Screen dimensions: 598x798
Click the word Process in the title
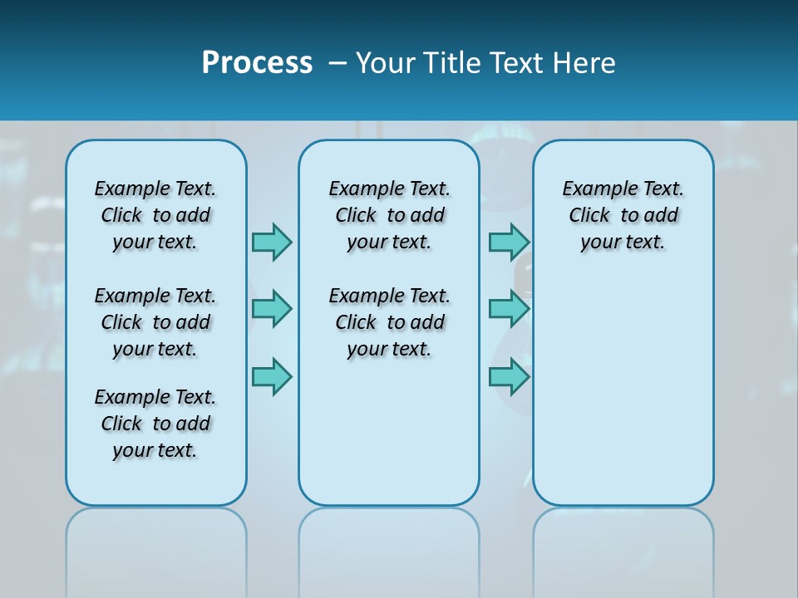[257, 63]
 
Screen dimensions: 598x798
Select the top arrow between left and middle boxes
[272, 242]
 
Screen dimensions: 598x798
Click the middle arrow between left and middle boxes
[272, 309]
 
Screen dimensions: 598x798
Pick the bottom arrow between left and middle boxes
[272, 376]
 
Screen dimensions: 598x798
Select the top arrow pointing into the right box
[509, 242]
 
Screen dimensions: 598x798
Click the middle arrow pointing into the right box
[509, 309]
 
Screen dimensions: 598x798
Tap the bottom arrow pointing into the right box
[509, 376]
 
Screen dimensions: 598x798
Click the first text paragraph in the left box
[155, 215]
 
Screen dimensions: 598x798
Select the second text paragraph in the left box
[155, 322]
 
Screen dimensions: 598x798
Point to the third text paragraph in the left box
[155, 424]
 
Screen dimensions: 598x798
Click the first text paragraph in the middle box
[389, 215]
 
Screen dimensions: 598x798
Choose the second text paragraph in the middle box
[389, 322]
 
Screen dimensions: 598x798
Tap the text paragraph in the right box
[623, 215]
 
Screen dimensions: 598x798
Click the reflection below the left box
[156, 548]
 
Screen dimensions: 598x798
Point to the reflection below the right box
[623, 548]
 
